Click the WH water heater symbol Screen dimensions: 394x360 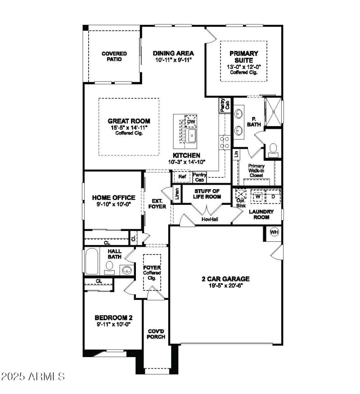pos(274,232)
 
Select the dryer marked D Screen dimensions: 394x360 pos(272,196)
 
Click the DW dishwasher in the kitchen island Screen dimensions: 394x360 pos(191,122)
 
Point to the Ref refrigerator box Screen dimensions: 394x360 pos(182,177)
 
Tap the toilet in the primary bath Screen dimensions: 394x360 pos(273,150)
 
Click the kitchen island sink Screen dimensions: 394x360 pos(192,136)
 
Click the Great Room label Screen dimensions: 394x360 pos(129,121)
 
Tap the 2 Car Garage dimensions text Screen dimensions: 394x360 pos(225,286)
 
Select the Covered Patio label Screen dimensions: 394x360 pos(114,56)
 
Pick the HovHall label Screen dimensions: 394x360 pos(207,219)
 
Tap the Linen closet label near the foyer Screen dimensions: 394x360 pos(177,195)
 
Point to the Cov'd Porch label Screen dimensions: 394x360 pos(156,334)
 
